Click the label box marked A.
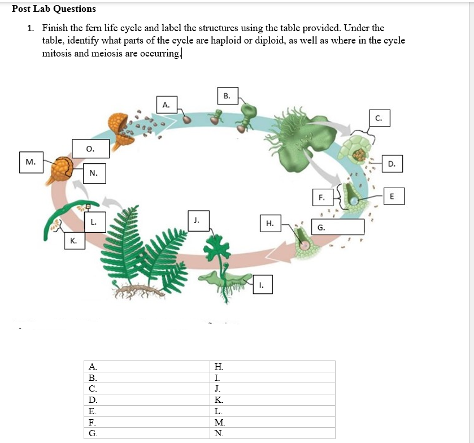[x=166, y=105]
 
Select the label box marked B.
[x=227, y=96]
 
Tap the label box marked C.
[x=378, y=118]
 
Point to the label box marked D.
[x=392, y=164]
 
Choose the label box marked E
[x=394, y=197]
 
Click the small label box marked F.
[x=321, y=198]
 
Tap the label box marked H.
[x=269, y=224]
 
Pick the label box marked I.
[x=262, y=285]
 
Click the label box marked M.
[x=31, y=162]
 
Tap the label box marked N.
[x=94, y=173]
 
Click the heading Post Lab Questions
[x=54, y=8]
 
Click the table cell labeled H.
[x=272, y=366]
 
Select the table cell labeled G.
[x=146, y=433]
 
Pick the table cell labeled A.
[x=146, y=366]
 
